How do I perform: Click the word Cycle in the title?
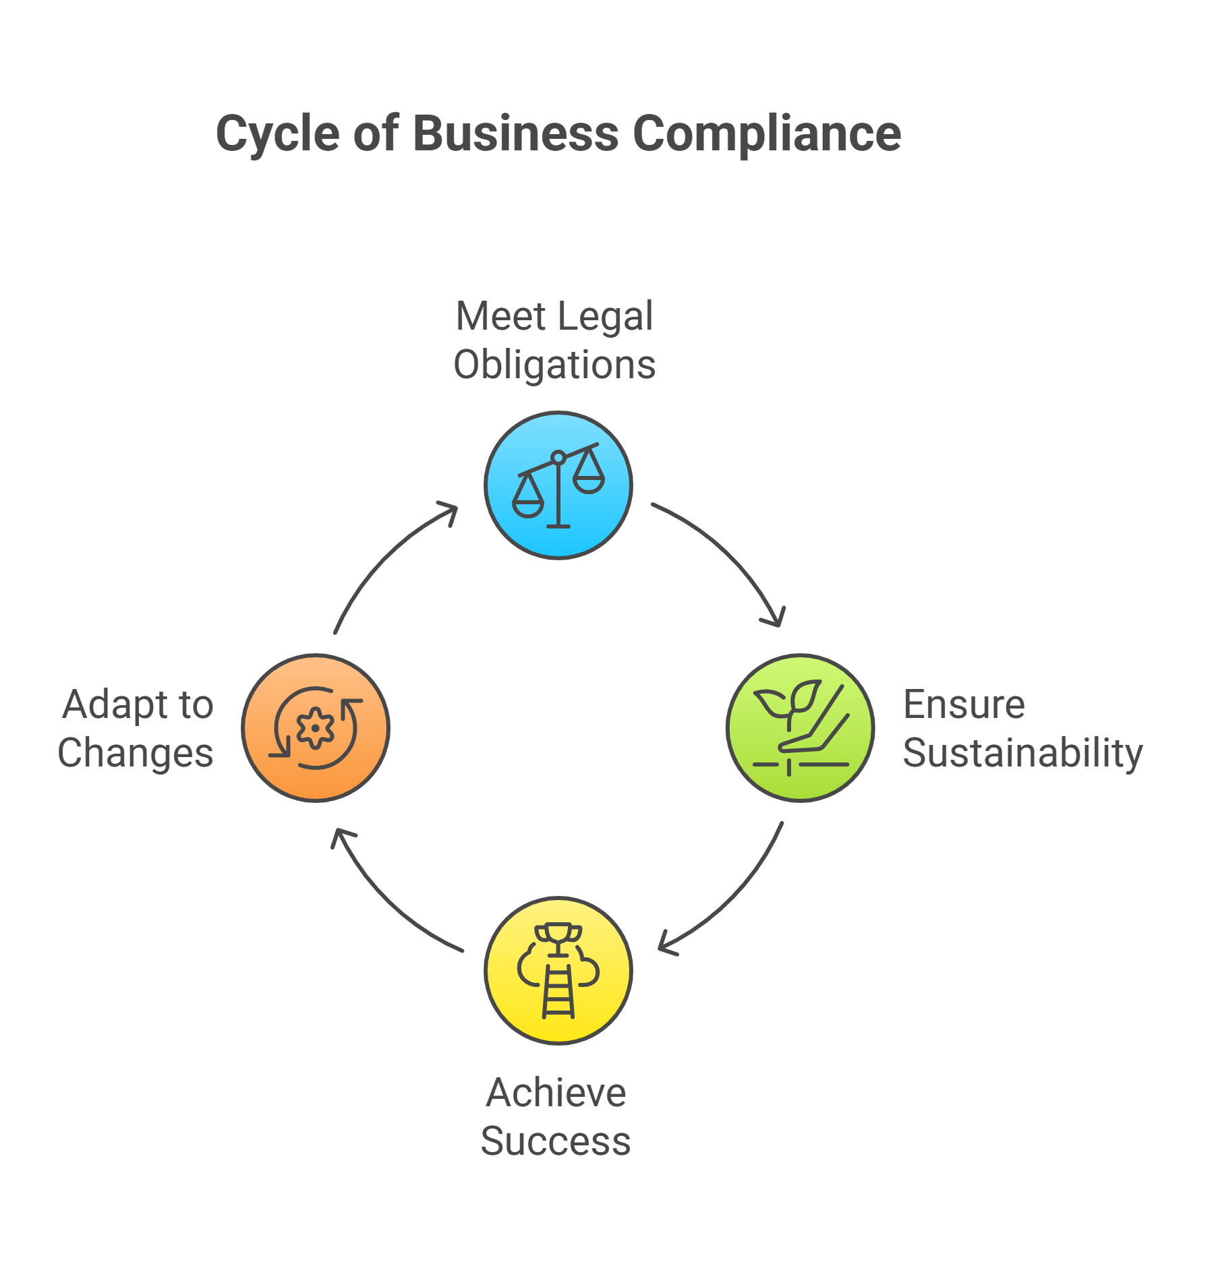pyautogui.click(x=279, y=133)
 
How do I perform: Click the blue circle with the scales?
pyautogui.click(x=558, y=485)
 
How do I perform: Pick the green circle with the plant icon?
pyautogui.click(x=801, y=728)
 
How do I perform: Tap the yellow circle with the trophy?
pyautogui.click(x=558, y=971)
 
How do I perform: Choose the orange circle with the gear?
pyautogui.click(x=316, y=728)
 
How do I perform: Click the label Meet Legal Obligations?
pyautogui.click(x=554, y=340)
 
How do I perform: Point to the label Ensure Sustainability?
pyautogui.click(x=1022, y=729)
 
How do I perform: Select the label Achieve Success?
pyautogui.click(x=556, y=1117)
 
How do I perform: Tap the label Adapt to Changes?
pyautogui.click(x=136, y=729)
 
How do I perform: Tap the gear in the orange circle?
pyautogui.click(x=315, y=727)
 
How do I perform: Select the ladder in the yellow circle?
pyautogui.click(x=558, y=991)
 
